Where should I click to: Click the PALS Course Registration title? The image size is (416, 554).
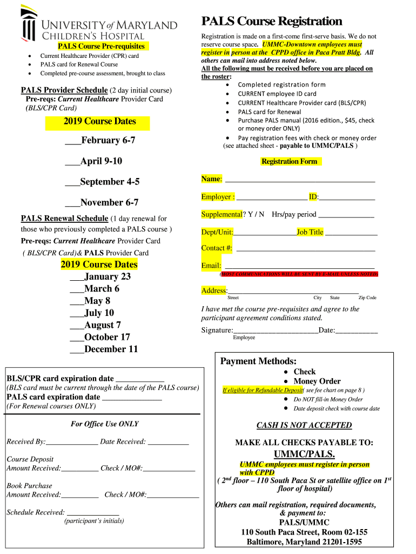pos(272,21)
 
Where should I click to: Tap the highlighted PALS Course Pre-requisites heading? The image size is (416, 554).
pos(101,47)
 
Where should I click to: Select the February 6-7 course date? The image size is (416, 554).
pos(108,140)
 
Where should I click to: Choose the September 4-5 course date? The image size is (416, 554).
pos(110,182)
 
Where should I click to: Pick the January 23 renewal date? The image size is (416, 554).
pos(107,276)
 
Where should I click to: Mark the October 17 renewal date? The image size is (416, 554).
pos(107,337)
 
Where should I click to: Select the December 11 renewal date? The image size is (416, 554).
pos(111,349)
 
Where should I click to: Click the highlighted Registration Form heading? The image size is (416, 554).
pos(289,161)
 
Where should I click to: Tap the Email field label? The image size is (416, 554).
pos(211,266)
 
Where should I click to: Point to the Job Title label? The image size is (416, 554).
pos(310,232)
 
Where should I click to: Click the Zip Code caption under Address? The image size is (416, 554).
pos(367,298)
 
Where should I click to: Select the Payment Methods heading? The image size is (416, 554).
pos(258,361)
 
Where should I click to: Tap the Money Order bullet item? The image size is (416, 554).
pos(317,381)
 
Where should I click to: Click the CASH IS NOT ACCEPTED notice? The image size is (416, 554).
pos(304,425)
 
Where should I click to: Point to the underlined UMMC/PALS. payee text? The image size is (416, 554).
pos(304,453)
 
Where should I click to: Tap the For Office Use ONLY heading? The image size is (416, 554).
pos(104,424)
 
